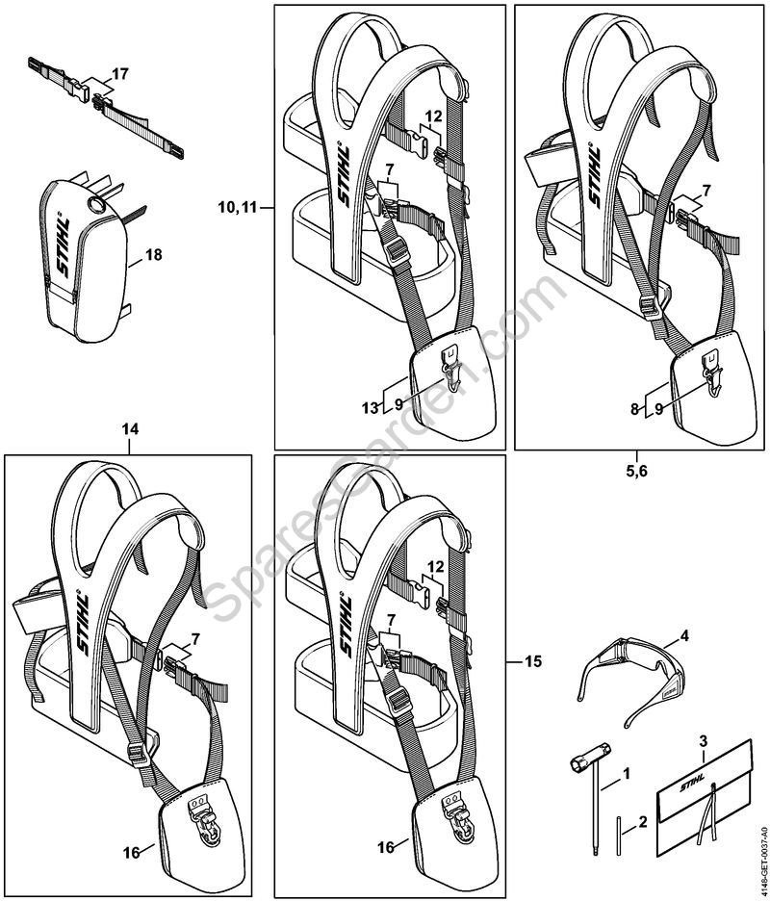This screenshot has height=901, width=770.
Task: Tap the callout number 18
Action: pos(152,255)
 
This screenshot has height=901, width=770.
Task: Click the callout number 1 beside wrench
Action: pos(629,772)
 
